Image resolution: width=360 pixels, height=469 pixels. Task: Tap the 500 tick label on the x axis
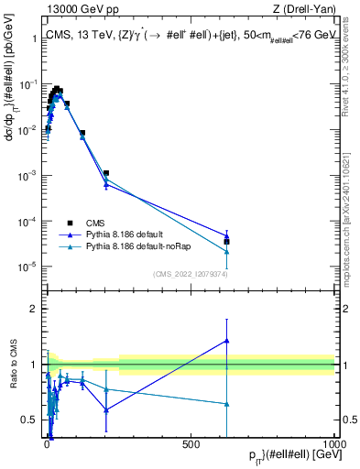click(191, 442)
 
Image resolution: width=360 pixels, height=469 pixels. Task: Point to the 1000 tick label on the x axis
click(333, 442)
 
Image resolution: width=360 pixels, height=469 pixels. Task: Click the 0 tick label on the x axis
click(48, 442)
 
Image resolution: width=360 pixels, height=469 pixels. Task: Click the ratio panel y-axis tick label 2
click(33, 309)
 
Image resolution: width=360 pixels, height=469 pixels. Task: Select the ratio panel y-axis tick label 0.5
click(29, 420)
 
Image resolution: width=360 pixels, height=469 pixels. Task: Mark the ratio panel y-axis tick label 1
click(33, 365)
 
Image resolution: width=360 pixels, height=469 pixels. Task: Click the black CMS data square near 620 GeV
click(226, 242)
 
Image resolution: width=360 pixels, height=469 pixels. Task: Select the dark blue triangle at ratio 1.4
click(226, 341)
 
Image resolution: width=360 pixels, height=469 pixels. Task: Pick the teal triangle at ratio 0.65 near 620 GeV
click(226, 404)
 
